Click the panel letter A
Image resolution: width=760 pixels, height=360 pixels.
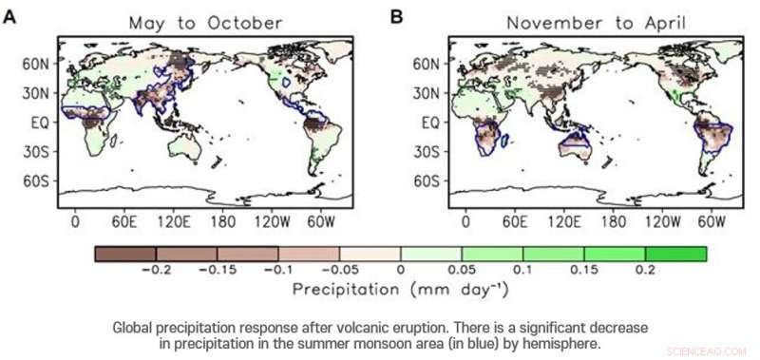[9, 15]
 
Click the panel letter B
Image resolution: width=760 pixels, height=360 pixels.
[397, 15]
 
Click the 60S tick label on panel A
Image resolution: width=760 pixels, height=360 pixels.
[37, 180]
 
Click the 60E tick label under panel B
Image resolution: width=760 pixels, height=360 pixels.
[514, 220]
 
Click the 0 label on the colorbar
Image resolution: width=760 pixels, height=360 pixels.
[401, 271]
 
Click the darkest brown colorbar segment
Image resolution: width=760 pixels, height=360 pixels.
[124, 254]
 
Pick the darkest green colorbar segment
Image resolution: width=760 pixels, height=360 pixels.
[675, 254]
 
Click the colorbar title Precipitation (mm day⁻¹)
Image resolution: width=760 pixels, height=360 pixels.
[400, 289]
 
